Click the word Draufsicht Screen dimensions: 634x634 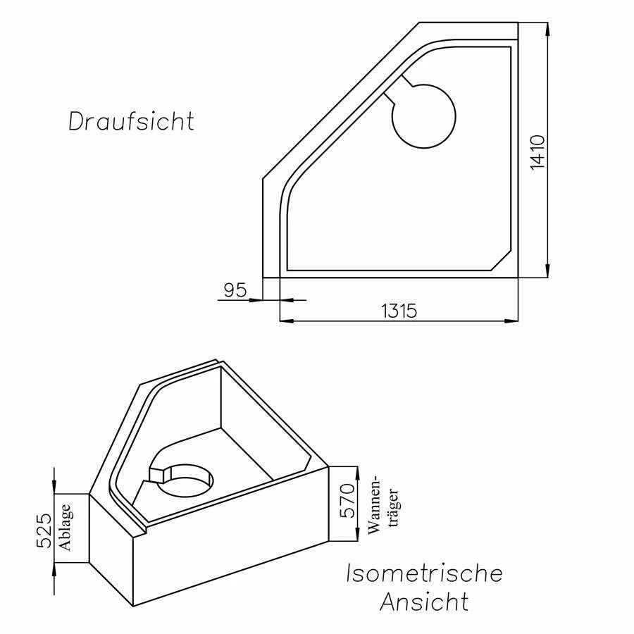(131, 121)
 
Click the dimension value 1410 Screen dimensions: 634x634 (537, 151)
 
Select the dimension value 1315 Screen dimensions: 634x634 (399, 310)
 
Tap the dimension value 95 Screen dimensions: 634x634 (234, 290)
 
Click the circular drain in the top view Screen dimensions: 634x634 (423, 116)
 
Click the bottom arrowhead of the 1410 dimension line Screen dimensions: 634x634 (547, 272)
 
